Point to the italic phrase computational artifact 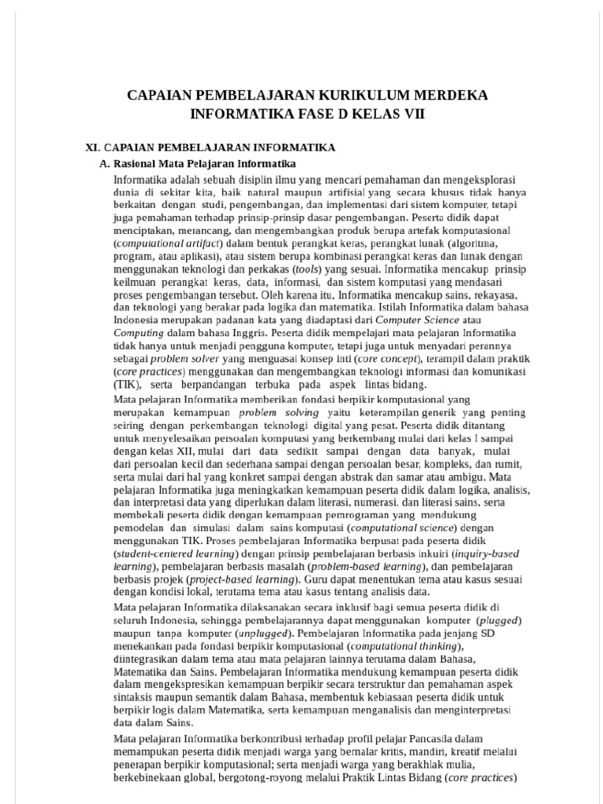point(166,243)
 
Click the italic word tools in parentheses point(306,266)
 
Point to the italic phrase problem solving point(269,413)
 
